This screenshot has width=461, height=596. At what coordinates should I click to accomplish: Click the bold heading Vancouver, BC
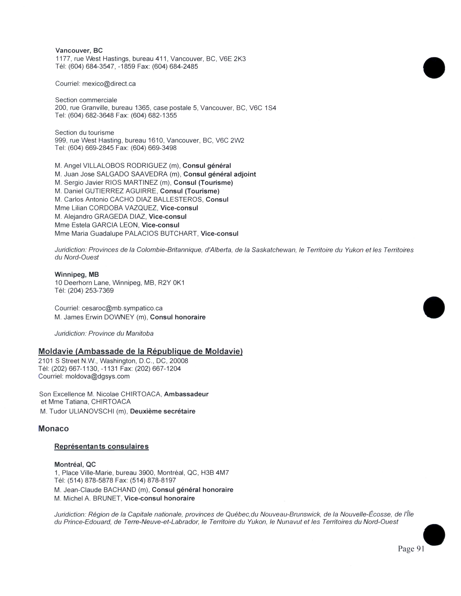pyautogui.click(x=79, y=51)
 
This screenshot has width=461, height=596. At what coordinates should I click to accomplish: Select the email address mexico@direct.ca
pyautogui.click(x=109, y=84)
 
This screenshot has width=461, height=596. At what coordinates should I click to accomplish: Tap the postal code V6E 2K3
pyautogui.click(x=232, y=59)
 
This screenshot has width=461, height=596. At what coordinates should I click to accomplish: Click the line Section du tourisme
pyautogui.click(x=84, y=133)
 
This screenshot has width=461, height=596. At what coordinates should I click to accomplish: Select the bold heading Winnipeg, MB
pyautogui.click(x=77, y=275)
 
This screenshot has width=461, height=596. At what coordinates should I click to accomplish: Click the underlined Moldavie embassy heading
pyautogui.click(x=140, y=351)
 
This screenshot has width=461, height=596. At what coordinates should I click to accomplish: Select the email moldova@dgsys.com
pyautogui.click(x=97, y=376)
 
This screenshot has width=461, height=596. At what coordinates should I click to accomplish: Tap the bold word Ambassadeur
pyautogui.click(x=186, y=394)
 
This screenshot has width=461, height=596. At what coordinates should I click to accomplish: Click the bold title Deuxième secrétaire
pyautogui.click(x=163, y=411)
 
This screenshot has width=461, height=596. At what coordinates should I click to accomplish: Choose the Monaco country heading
pyautogui.click(x=54, y=429)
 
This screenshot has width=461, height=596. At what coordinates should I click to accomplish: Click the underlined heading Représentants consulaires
pyautogui.click(x=101, y=446)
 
